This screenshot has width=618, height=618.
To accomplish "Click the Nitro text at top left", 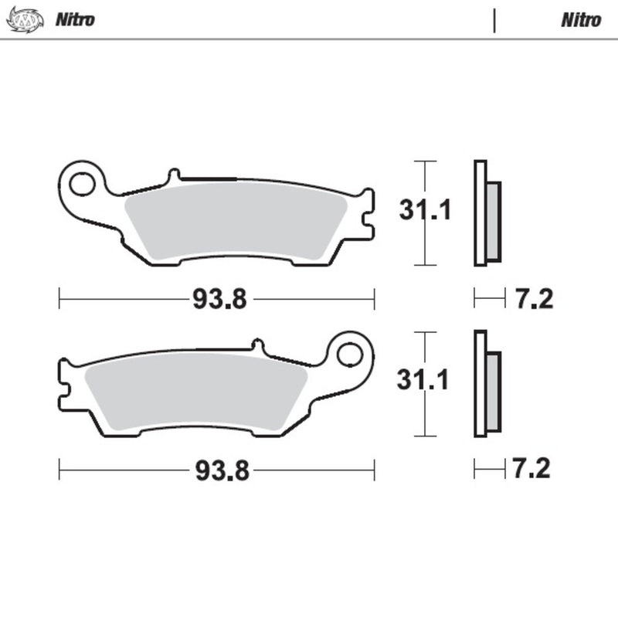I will click(x=74, y=20).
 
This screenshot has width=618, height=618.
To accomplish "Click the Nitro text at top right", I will click(x=580, y=20).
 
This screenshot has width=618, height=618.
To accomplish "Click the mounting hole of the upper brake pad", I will click(x=80, y=183).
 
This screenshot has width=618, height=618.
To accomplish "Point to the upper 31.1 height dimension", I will click(x=424, y=210).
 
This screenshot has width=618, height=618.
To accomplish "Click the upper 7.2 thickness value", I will click(x=534, y=298).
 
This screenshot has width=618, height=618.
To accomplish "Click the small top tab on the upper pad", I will click(x=174, y=174).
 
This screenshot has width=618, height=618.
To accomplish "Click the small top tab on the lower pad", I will click(x=257, y=345).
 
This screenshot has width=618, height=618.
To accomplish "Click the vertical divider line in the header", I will click(x=494, y=20).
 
